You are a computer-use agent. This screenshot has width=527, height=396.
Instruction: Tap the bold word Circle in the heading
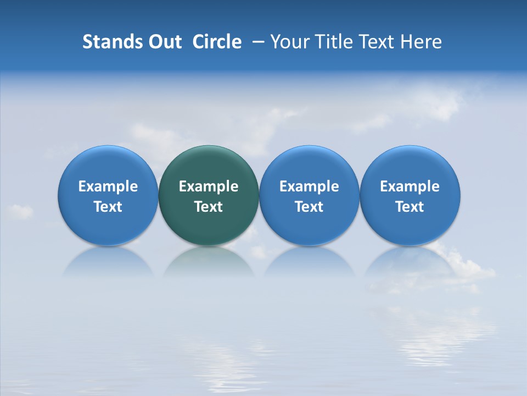(217, 42)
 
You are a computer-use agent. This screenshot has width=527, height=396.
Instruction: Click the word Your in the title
(290, 42)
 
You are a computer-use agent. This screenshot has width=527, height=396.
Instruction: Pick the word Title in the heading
(334, 42)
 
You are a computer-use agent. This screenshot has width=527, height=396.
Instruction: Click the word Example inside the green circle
(209, 186)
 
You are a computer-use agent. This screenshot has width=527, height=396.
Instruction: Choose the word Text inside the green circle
(209, 207)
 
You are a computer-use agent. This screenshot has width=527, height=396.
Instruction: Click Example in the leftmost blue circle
(108, 186)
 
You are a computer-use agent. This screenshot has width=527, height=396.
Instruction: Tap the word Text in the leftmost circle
(108, 207)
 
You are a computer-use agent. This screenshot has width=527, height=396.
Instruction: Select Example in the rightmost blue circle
(410, 186)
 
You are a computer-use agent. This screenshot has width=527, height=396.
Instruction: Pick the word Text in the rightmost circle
(410, 207)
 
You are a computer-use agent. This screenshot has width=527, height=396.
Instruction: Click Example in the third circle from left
(309, 186)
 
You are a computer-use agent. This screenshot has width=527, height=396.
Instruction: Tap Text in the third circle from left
(309, 207)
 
